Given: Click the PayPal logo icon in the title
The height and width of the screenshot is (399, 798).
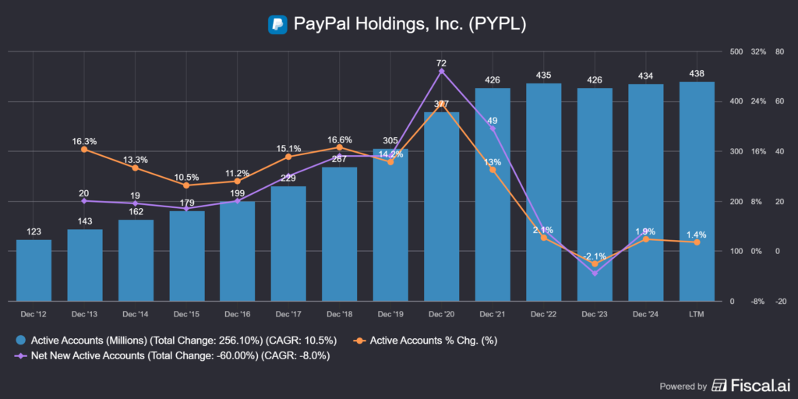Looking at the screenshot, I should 277,24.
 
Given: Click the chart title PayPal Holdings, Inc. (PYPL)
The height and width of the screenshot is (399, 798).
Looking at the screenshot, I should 410,24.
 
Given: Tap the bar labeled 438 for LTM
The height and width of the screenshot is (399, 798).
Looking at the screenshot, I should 697,191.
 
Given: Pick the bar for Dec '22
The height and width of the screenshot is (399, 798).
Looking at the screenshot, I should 544,192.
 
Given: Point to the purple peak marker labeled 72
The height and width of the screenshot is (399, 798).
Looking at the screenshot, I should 442,71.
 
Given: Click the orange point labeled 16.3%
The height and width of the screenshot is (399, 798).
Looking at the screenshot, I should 85,149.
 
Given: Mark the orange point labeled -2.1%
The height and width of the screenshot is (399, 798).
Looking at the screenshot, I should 595,264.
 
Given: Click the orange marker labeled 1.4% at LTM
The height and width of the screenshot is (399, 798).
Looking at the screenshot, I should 697,242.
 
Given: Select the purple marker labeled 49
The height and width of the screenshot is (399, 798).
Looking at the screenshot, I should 493,129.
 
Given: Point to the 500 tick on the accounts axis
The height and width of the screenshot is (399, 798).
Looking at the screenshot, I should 736,52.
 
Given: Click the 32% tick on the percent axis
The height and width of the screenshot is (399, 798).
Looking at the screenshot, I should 759,52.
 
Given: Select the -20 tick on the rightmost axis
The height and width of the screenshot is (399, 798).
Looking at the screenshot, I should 782,302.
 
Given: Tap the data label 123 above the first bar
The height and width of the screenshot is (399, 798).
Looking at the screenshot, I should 34,231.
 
